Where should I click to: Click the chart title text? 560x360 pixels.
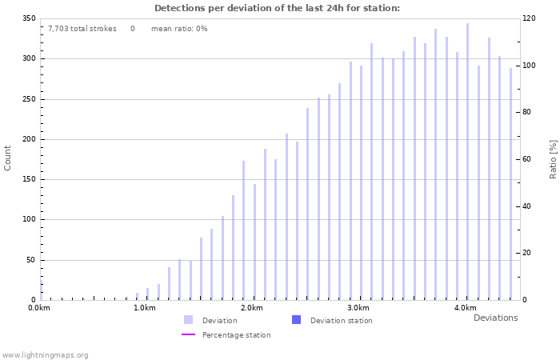pos(277,8)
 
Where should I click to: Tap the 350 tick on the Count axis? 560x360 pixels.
pos(30,18)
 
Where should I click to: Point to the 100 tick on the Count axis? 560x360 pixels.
pos(30,219)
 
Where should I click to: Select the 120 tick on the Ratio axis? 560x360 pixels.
pos(529,18)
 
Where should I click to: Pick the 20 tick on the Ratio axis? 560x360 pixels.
pos(527,253)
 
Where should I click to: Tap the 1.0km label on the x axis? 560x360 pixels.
pos(144,308)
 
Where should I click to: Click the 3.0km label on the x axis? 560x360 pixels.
pos(358,308)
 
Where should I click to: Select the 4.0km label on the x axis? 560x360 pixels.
pos(465,308)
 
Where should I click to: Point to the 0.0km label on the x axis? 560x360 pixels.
pos(39,308)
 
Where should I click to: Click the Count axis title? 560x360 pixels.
pos(8,158)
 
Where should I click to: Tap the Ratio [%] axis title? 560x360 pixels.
pos(553,158)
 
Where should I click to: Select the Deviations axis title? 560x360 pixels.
pos(495,318)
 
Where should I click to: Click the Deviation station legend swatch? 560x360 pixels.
pos(296,320)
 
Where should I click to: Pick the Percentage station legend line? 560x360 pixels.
pos(188,335)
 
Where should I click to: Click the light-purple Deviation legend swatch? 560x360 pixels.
pos(188,320)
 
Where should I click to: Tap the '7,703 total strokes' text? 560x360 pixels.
pos(82,29)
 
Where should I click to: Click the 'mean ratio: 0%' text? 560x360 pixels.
pos(179,29)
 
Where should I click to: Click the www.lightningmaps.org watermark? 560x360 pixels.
pos(45,354)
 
